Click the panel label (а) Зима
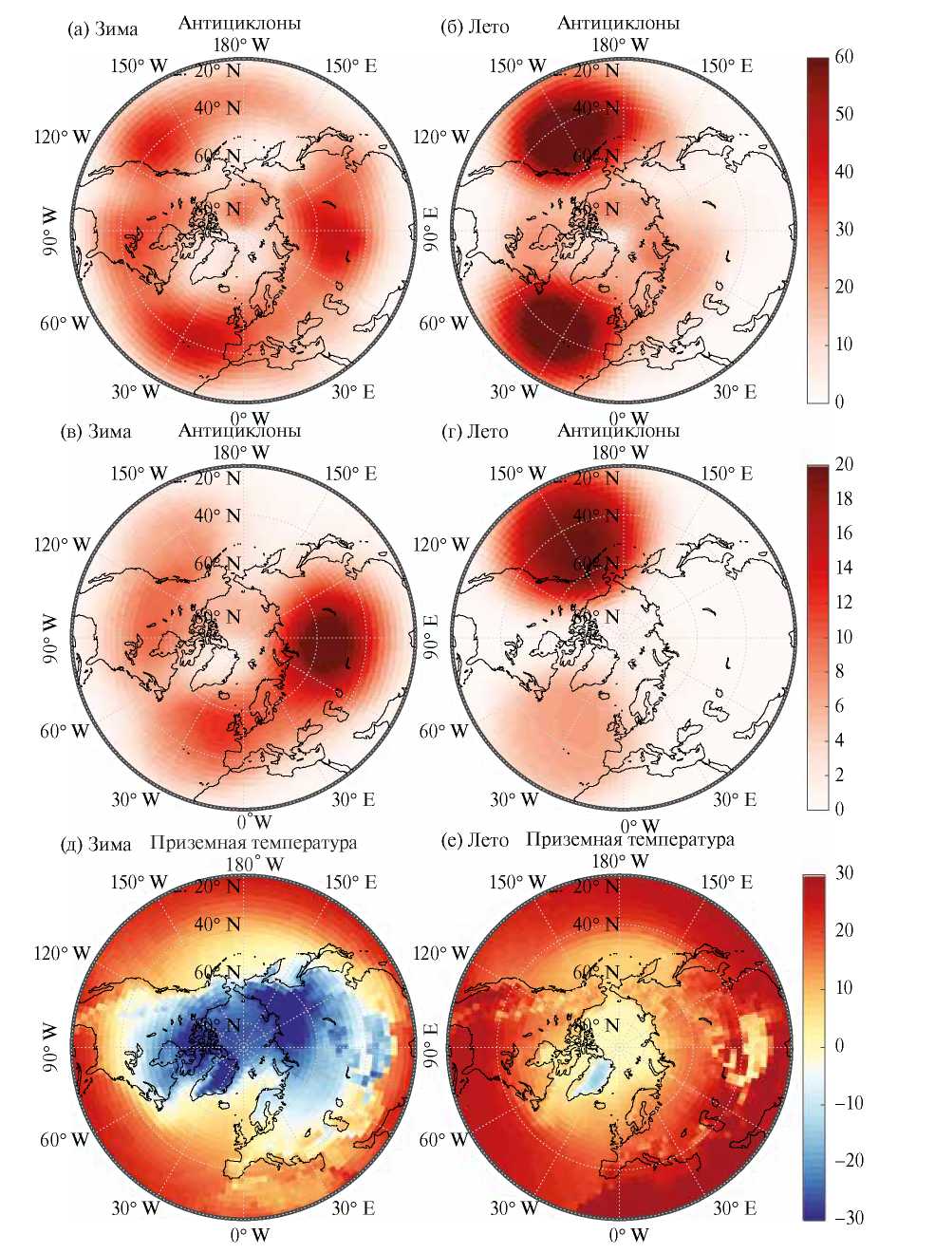tap(103, 28)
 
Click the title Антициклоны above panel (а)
tap(239, 23)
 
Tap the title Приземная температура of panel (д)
tap(253, 842)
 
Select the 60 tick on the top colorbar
tap(843, 57)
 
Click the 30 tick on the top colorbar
tap(843, 229)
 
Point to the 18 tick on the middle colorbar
tap(843, 498)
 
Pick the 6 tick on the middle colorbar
tap(838, 705)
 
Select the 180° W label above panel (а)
tap(240, 45)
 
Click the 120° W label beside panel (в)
tap(62, 545)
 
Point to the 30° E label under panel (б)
tap(734, 391)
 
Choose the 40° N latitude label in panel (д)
tap(218, 925)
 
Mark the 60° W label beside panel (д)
tap(64, 1139)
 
